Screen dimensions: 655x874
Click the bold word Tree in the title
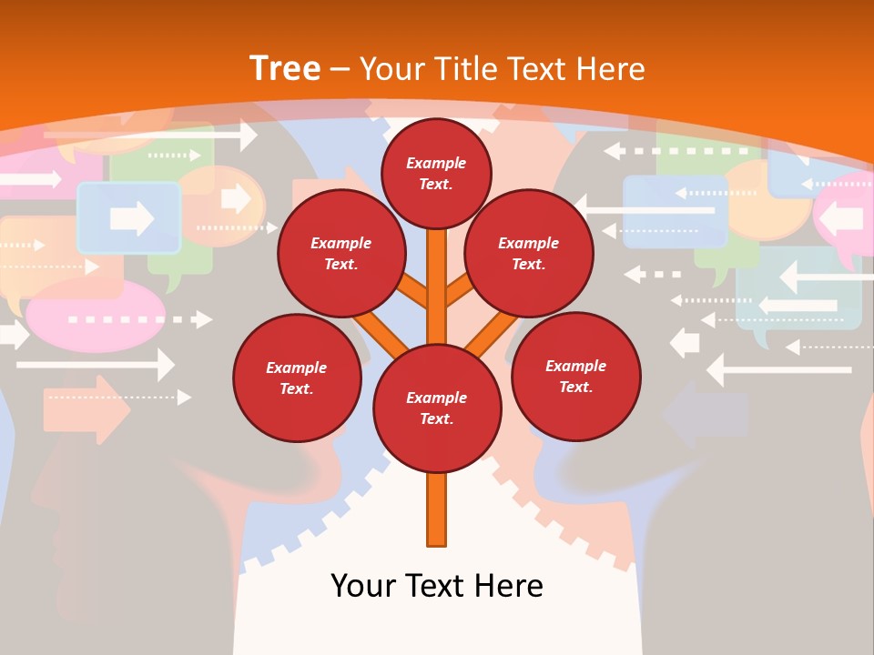click(x=285, y=69)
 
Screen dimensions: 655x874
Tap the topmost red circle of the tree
click(x=436, y=173)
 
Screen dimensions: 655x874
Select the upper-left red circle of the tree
click(x=340, y=253)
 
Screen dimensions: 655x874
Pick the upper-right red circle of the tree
click(x=529, y=253)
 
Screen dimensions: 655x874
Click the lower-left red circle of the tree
click(x=297, y=378)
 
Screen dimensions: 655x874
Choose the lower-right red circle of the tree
click(x=575, y=376)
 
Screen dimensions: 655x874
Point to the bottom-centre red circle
click(x=437, y=408)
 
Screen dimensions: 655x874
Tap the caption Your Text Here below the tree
click(x=437, y=586)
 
